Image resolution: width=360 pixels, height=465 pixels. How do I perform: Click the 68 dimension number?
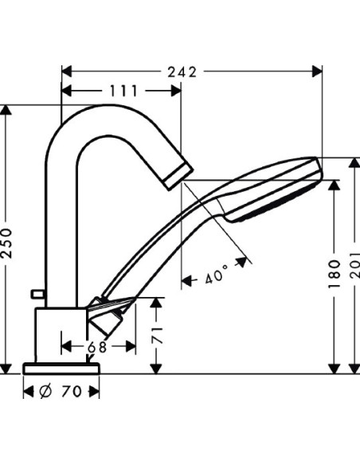tap(96, 346)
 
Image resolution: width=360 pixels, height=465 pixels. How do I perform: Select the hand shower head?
tap(271, 190)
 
